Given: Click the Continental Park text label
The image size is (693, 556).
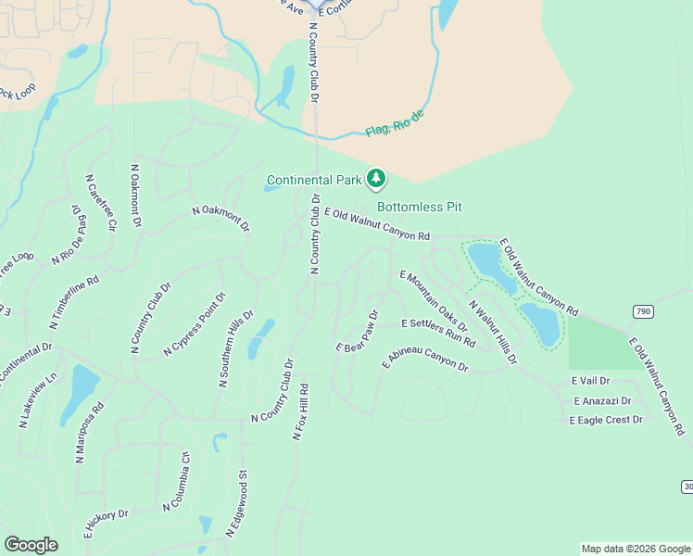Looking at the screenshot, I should [x=314, y=179].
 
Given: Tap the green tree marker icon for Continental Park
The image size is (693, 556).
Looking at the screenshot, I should [x=376, y=177].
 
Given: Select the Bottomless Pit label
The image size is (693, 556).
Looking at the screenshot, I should [x=419, y=207].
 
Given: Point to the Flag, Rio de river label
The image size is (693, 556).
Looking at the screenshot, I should [x=394, y=123].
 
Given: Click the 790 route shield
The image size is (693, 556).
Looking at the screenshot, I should [x=644, y=310].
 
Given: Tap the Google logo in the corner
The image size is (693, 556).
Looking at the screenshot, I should [x=31, y=545].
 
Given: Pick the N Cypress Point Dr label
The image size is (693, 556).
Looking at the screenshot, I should [x=195, y=325].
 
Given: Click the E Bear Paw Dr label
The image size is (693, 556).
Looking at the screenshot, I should [x=358, y=332].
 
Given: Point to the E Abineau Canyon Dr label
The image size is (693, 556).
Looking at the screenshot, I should [x=425, y=360].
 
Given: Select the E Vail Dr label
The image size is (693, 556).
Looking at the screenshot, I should [x=590, y=381].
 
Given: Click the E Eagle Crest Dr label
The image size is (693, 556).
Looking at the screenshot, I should [x=606, y=420].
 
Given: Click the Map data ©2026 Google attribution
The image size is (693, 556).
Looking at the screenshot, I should [x=636, y=549].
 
